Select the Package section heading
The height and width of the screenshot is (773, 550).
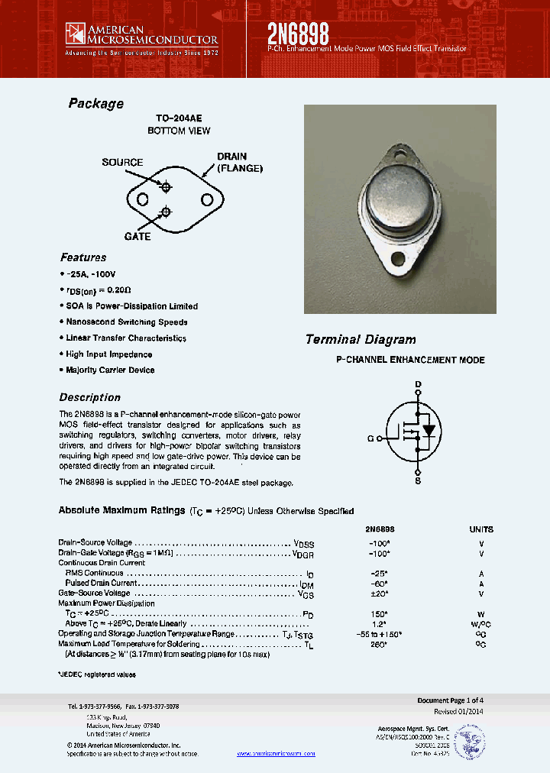[x=95, y=104]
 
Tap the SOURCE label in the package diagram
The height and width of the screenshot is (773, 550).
[x=122, y=163]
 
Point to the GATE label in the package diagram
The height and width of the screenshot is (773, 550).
[x=137, y=236]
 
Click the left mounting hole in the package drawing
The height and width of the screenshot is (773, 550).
[x=142, y=199]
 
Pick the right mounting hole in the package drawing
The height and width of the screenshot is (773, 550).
[x=207, y=199]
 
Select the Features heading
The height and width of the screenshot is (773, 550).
[x=83, y=257]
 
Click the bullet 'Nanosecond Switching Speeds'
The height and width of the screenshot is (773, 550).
[x=126, y=322]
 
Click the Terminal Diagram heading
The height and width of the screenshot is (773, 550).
[x=361, y=340]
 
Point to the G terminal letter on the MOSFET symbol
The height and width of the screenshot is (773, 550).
[x=370, y=438]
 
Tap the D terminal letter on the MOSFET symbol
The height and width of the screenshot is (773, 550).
[x=418, y=384]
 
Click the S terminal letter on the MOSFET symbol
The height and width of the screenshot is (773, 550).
[x=418, y=481]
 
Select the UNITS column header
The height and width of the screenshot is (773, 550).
[x=481, y=529]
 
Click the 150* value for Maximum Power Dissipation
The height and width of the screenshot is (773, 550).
[x=374, y=613]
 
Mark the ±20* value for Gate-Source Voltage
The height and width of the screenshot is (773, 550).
[x=374, y=593]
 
